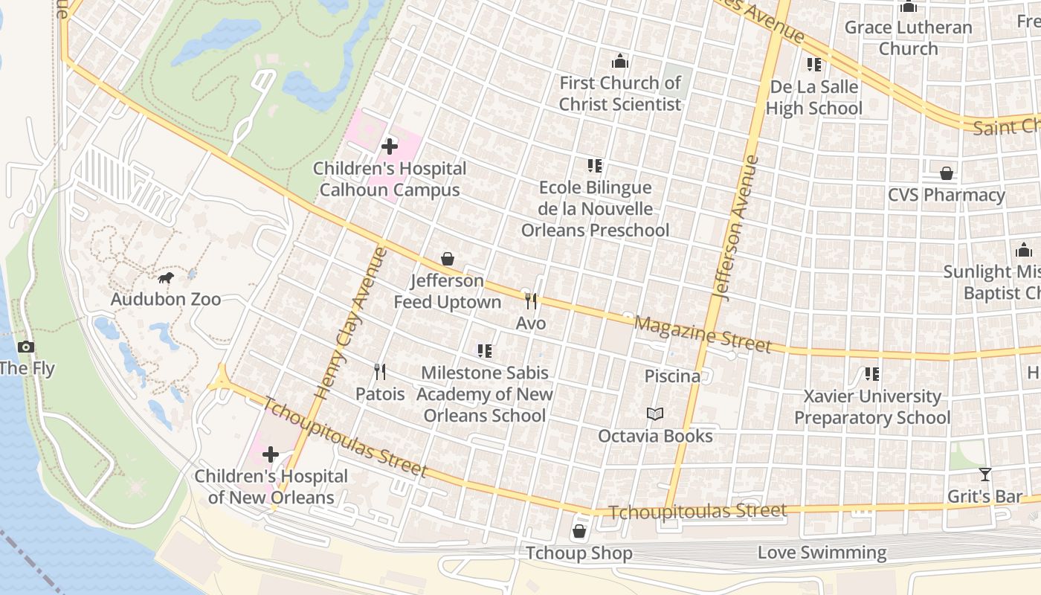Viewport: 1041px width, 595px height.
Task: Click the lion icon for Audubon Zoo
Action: point(166,278)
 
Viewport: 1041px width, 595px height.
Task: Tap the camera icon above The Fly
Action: point(26,347)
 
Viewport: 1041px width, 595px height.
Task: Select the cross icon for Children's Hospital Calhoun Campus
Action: point(389,147)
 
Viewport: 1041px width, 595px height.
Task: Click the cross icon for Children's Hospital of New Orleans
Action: point(271,454)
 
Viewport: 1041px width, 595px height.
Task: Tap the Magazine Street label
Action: point(702,334)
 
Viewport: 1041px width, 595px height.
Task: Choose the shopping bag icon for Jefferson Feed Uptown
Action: point(448,259)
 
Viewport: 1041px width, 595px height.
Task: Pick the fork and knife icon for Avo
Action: point(531,301)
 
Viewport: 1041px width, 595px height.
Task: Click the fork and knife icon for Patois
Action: point(380,372)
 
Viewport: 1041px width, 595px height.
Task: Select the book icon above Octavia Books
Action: point(655,414)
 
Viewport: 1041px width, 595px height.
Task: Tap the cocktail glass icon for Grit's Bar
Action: point(985,475)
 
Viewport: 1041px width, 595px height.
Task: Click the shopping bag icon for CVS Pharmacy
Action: point(947,173)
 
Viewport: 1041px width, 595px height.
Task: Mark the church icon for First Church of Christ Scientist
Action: point(620,61)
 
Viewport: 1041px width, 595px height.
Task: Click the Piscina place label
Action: point(672,376)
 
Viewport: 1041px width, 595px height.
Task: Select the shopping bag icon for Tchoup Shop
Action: point(579,532)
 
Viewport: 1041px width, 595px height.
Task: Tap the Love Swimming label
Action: point(822,553)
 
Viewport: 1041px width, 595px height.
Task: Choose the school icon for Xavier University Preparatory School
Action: point(872,374)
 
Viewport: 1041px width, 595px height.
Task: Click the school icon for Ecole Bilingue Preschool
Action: point(595,166)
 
